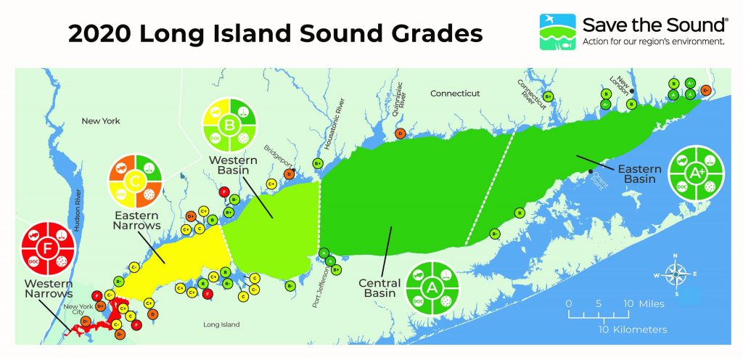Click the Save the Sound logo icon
click(557, 31)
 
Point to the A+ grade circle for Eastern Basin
click(697, 173)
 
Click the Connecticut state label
click(456, 94)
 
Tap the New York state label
click(101, 121)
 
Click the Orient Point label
click(599, 179)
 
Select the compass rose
click(676, 274)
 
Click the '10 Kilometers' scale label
click(632, 330)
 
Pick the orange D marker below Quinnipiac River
click(400, 133)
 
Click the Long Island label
click(221, 324)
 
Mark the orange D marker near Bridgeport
click(289, 173)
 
